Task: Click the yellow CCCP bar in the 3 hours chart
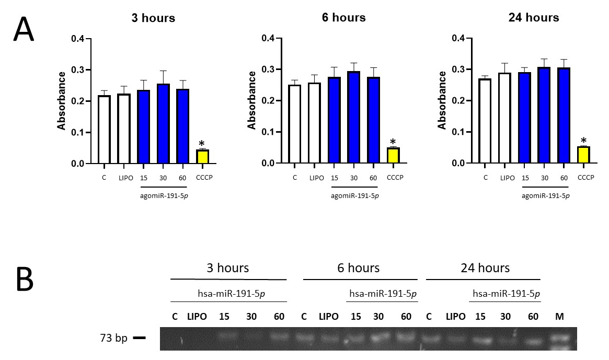(202, 157)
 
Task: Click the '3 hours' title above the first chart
(153, 18)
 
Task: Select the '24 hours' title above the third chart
(533, 18)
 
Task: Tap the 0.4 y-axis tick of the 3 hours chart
(80, 39)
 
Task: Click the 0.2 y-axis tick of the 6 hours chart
(270, 101)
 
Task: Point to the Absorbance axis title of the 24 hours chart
(442, 101)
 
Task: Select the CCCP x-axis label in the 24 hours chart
(585, 178)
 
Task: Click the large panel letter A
(23, 31)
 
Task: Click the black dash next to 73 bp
(139, 338)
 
